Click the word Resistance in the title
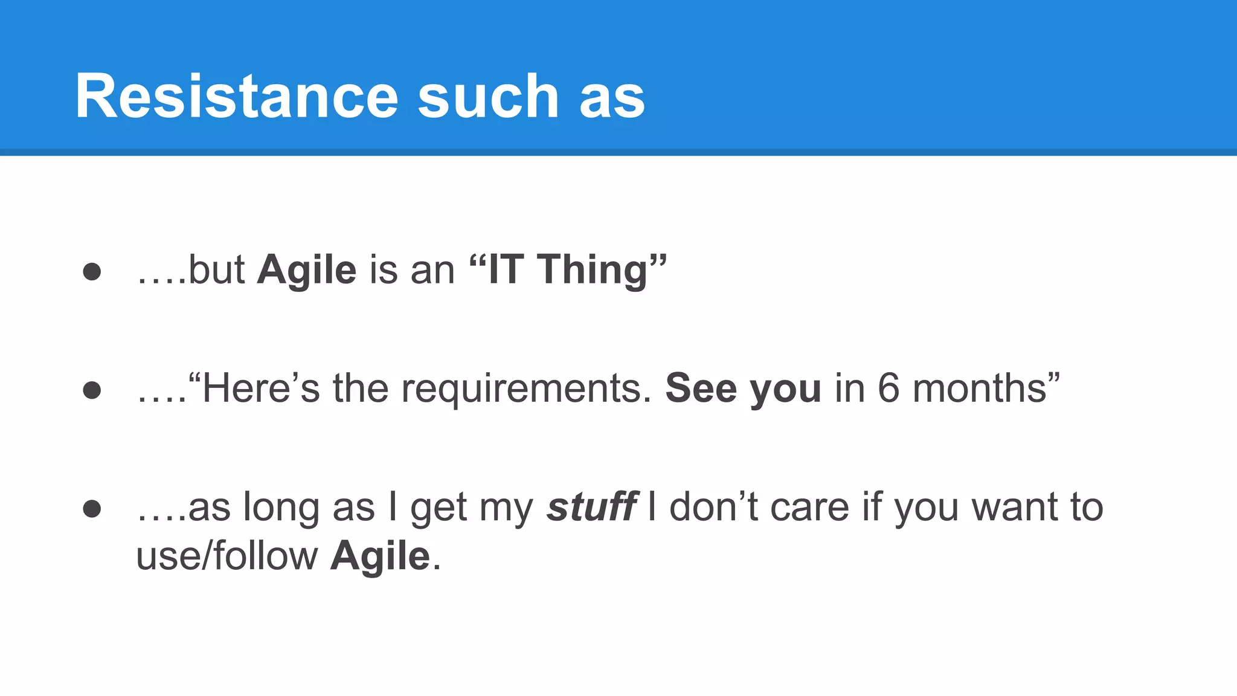point(236,97)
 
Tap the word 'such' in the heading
point(488,97)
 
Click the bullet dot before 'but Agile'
point(92,271)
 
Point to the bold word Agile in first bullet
point(307,270)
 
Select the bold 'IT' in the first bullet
point(505,269)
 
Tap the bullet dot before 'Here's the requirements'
point(92,390)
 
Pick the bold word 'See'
point(701,388)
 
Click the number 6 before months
point(888,388)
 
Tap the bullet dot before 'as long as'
point(92,508)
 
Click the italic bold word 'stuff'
point(591,507)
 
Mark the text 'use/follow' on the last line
point(227,556)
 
